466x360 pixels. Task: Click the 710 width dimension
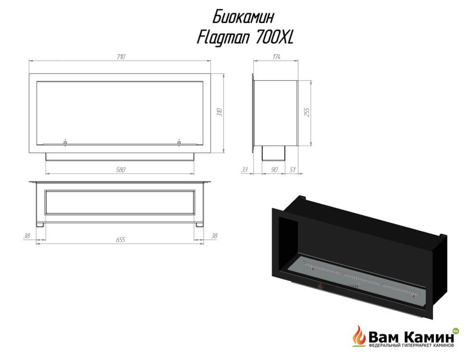coord(121,57)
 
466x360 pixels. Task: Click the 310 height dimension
coord(220,112)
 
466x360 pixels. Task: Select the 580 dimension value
coord(121,170)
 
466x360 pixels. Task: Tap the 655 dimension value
coord(121,240)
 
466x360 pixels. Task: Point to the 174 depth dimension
coord(276,57)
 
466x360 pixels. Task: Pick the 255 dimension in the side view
coord(307,112)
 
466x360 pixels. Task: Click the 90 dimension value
coord(274,170)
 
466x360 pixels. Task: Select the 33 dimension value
coord(245,170)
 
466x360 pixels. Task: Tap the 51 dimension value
coord(293,170)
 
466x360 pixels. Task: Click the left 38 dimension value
coord(27,236)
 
